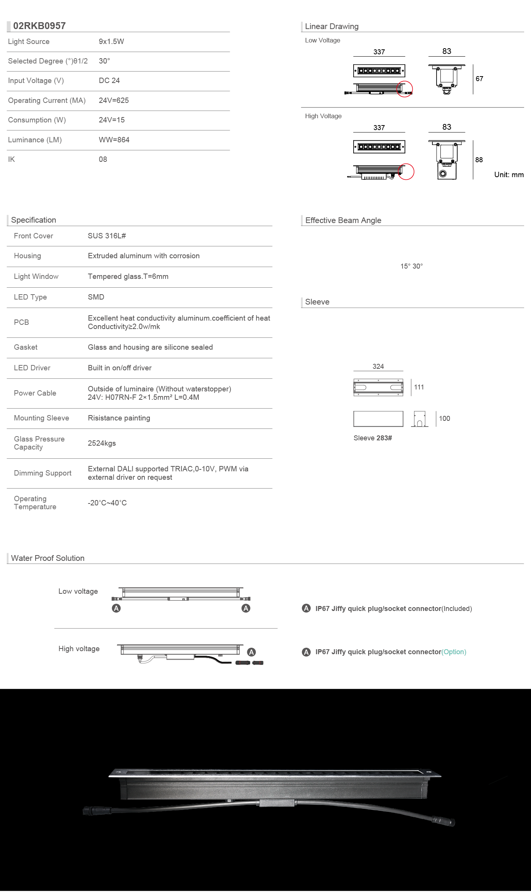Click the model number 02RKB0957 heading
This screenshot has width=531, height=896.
(x=39, y=26)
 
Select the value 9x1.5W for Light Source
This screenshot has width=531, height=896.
(x=111, y=42)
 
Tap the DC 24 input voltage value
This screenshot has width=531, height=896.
(x=109, y=81)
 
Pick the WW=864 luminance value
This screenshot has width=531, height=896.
(x=114, y=140)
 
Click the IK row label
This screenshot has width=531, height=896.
(x=11, y=160)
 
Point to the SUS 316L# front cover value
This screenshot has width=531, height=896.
(x=107, y=236)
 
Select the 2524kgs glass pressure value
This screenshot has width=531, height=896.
(x=102, y=443)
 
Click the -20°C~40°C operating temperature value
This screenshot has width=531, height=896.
(x=107, y=503)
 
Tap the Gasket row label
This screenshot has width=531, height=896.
(x=26, y=347)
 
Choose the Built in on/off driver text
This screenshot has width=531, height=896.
(x=120, y=368)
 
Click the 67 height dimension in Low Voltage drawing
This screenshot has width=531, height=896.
(x=479, y=79)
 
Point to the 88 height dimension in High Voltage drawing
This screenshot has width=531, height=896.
(x=479, y=160)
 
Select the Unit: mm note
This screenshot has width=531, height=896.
(x=509, y=175)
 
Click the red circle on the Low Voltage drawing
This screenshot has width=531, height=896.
(x=404, y=89)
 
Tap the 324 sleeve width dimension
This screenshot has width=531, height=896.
(x=378, y=367)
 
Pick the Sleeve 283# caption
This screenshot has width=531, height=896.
(x=373, y=438)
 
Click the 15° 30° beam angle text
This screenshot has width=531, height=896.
(x=412, y=266)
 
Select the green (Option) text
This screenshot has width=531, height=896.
(x=454, y=652)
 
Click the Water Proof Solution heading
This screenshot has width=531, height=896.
(x=48, y=558)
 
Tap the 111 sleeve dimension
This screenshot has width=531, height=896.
(x=419, y=387)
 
